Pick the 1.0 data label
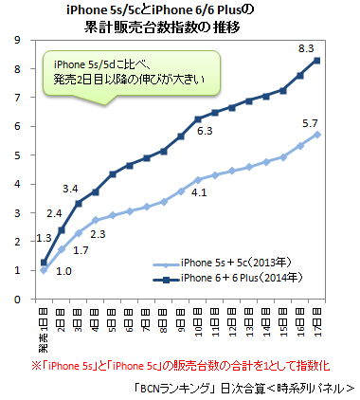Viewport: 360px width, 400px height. coord(63,270)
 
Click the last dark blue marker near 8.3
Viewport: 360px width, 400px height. coord(316,61)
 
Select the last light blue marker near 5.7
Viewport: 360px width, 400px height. coord(316,135)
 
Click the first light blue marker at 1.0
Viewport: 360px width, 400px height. coord(44,270)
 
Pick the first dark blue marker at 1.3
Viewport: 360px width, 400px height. coord(44,262)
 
